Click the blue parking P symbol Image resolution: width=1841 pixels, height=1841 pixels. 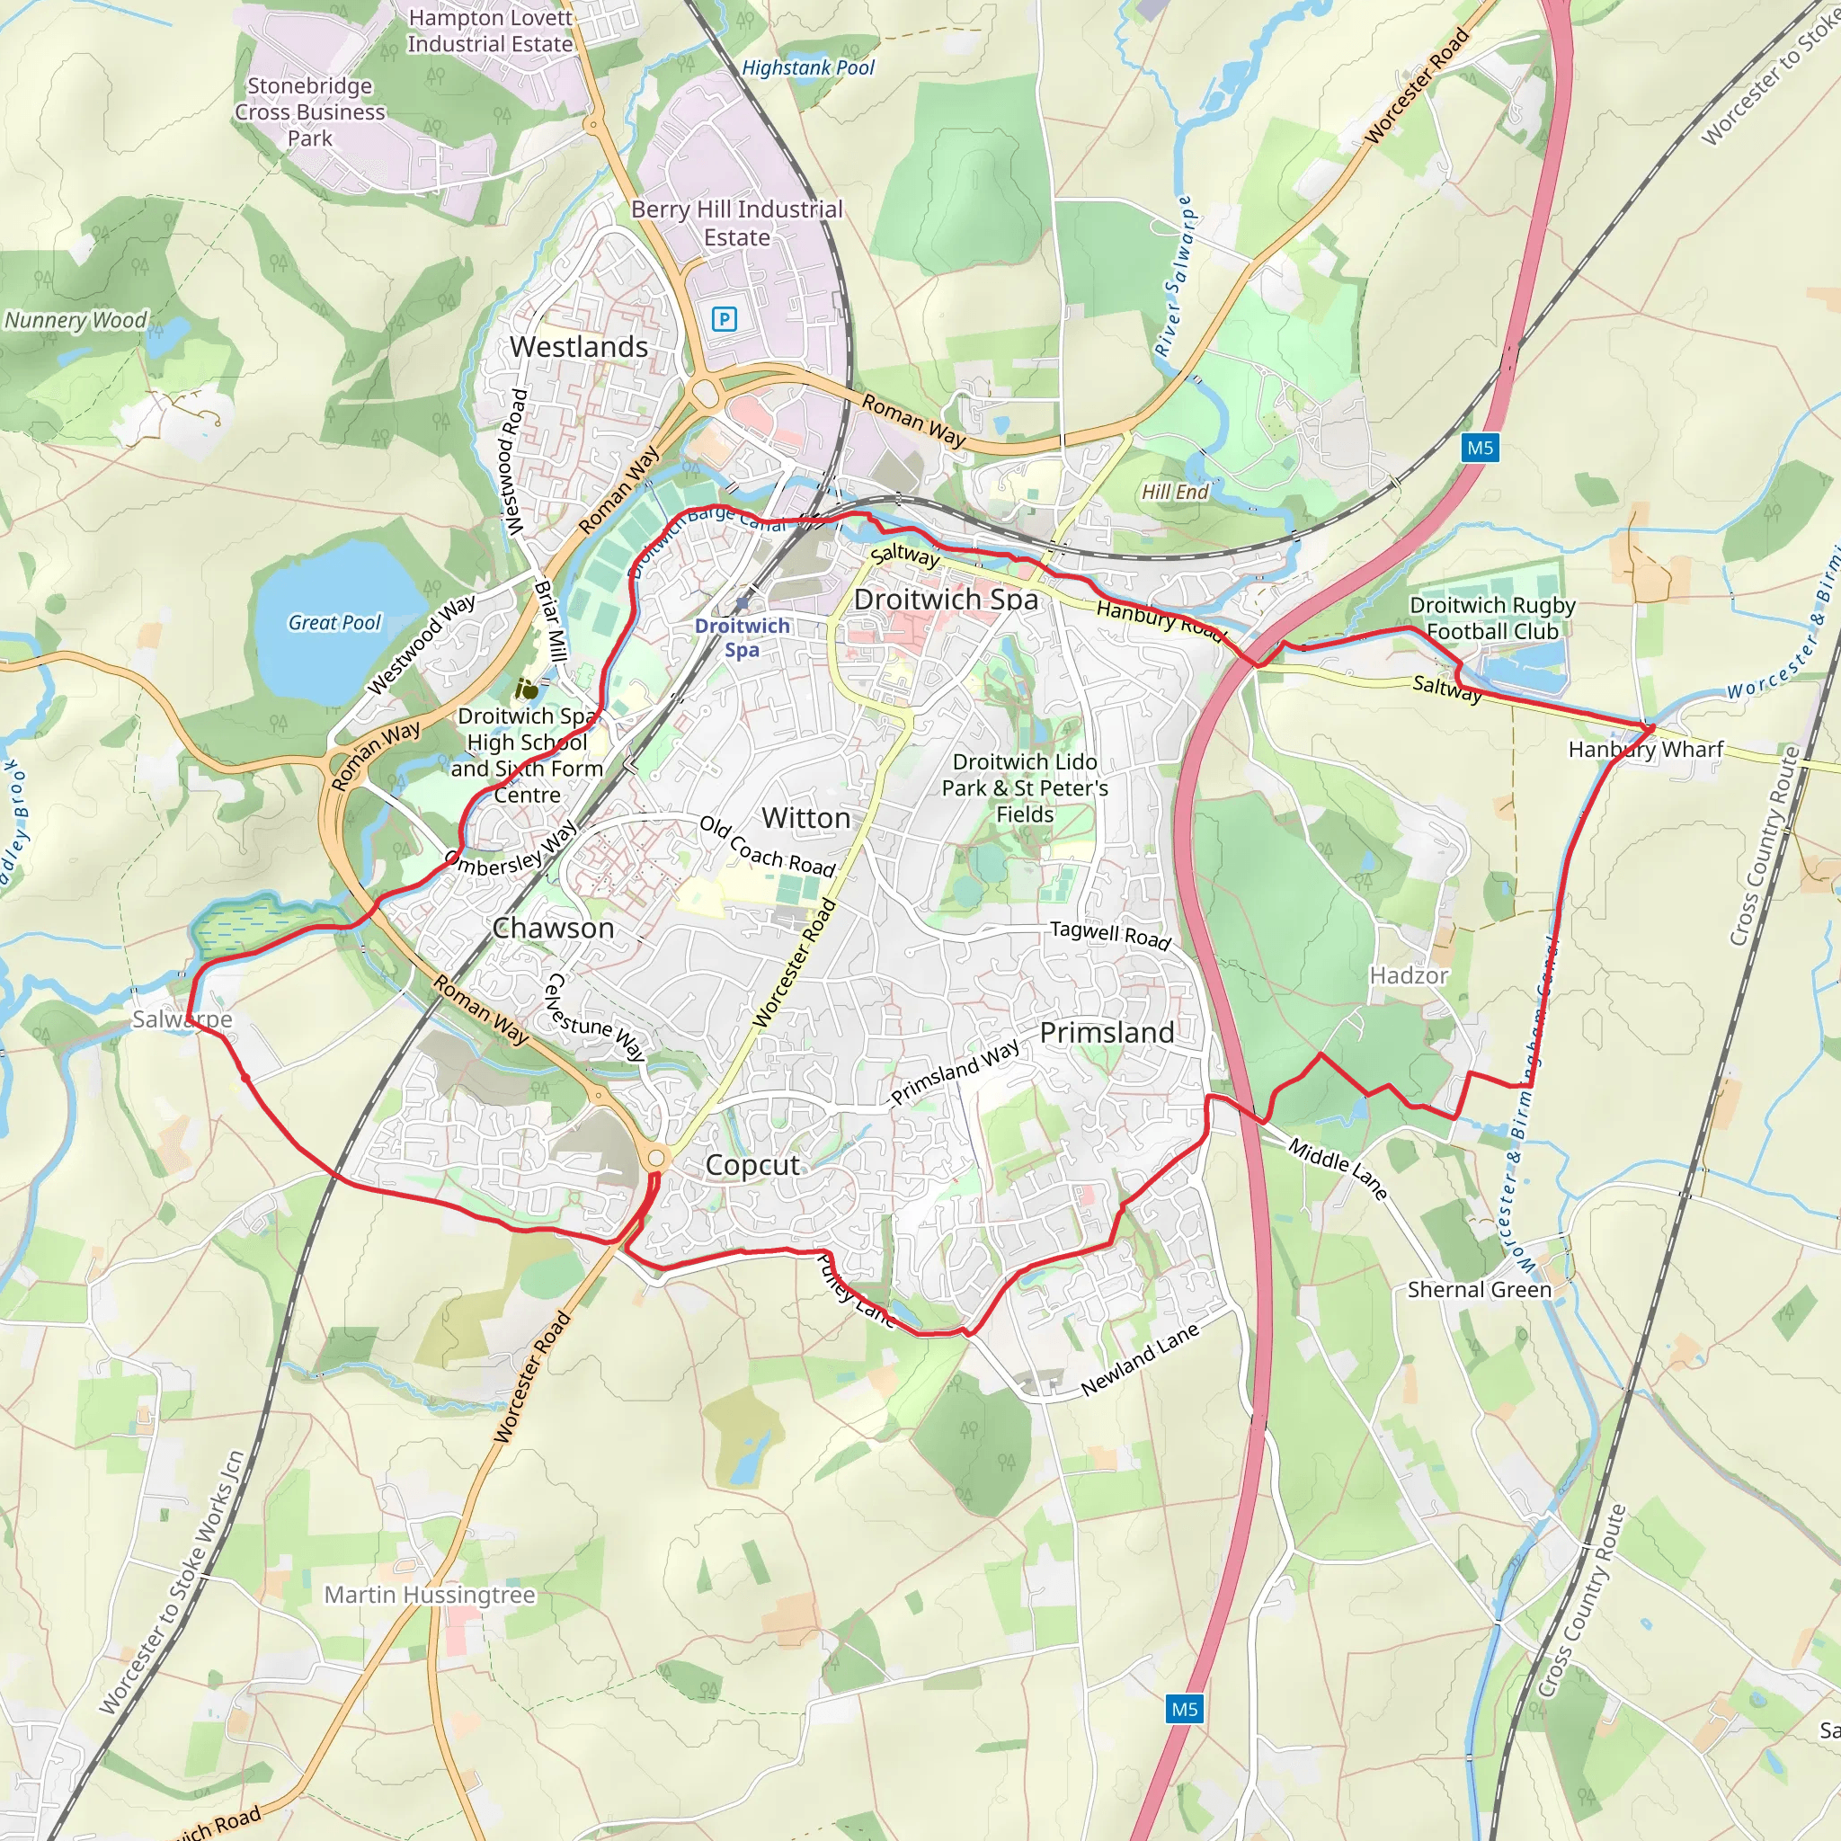pos(725,319)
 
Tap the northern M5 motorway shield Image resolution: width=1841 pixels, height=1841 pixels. pos(1480,448)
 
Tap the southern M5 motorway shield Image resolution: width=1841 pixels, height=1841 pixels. pos(1185,1709)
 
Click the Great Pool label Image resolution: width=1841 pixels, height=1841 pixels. pos(334,623)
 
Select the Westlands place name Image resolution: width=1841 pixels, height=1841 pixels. pos(578,347)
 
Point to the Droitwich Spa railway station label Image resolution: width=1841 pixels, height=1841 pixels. pos(742,637)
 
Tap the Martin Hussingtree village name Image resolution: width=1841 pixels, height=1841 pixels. pos(430,1594)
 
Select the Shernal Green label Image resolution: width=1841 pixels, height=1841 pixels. pos(1479,1289)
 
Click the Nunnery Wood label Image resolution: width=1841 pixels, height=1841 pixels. pos(76,320)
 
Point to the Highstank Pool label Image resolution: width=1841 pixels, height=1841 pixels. pos(808,67)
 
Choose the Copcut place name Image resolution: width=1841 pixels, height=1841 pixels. pos(752,1164)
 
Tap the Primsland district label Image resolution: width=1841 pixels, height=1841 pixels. pos(1107,1032)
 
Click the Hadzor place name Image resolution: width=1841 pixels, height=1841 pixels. pos(1409,975)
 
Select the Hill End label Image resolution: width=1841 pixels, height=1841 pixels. pos(1175,492)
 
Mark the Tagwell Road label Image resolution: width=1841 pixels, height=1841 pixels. pos(1109,935)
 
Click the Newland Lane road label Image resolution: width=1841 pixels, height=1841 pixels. pos(1140,1361)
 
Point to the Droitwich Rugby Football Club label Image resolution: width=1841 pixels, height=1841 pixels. pos(1492,618)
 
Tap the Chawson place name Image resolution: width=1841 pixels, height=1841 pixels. pos(553,928)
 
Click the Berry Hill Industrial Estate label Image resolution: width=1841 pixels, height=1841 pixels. pos(736,223)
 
